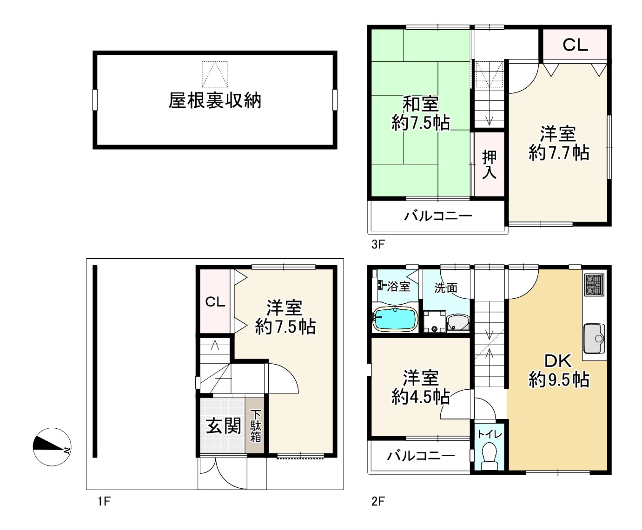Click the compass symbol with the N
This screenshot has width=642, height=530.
pos(52,447)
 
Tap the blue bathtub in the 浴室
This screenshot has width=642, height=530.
pos(395,319)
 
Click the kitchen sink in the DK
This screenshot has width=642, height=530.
pos(594,339)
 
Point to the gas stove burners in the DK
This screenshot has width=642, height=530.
pos(595,285)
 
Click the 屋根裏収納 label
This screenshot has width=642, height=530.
pos(215,100)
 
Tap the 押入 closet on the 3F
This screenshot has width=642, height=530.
pos(489,164)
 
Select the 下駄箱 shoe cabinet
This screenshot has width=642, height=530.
pos(255,425)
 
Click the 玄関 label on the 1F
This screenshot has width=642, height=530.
pos(223,426)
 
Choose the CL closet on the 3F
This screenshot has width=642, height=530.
pos(575,45)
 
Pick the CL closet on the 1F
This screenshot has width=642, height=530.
pos(215,301)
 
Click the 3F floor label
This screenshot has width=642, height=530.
pos(378,244)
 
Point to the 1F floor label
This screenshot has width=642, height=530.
pos(104,501)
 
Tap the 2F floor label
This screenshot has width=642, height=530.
pos(378,501)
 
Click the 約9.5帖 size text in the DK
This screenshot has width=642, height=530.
pos(559,380)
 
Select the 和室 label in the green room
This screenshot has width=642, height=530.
pos(421,104)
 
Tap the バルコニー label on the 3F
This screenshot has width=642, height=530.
pos(438,216)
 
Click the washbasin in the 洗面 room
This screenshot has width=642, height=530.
pos(458,323)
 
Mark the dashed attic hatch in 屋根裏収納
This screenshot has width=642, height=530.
pos(215,74)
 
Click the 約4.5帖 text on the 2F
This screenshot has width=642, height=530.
pos(421,397)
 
